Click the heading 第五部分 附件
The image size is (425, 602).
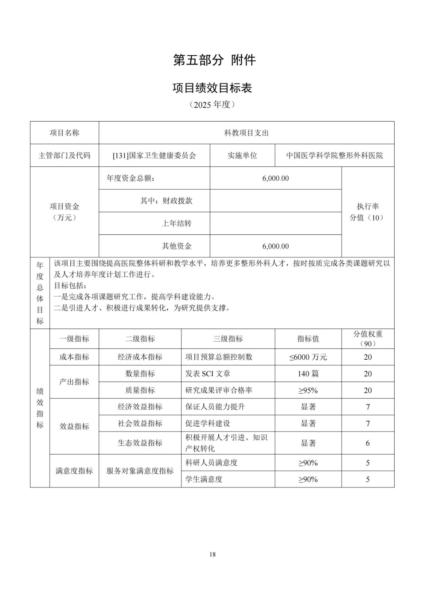point(214,60)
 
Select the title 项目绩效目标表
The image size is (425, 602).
point(212,88)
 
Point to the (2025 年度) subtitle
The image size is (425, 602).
point(212,105)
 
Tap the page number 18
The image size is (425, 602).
point(213,554)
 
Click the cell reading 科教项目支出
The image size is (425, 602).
point(246,133)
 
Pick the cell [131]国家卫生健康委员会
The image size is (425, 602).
point(154,155)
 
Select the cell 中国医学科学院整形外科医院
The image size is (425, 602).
point(334,155)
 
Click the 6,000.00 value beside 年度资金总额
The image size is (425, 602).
point(275,178)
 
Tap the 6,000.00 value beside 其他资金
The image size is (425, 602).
point(275,246)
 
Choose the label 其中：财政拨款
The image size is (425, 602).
point(166,201)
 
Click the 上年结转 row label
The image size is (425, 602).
point(177,223)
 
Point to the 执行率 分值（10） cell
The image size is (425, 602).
point(368,212)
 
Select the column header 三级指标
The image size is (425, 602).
point(228,339)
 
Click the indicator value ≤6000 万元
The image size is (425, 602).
point(308,357)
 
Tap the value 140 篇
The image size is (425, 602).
point(308,374)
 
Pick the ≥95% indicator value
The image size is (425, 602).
point(308,390)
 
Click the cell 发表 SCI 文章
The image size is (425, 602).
point(208,374)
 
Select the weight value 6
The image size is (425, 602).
point(368,443)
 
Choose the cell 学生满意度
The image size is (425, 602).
point(204,479)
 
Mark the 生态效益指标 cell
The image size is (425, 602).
point(140,443)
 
